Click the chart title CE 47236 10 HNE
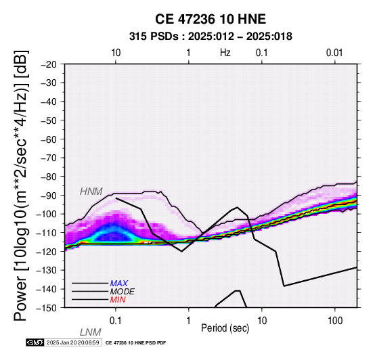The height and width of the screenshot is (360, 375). click(x=211, y=19)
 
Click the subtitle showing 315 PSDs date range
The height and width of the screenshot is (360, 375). click(x=211, y=37)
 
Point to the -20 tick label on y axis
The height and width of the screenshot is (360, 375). click(x=49, y=64)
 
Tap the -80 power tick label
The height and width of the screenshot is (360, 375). click(x=49, y=177)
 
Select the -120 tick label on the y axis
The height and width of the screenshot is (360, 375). click(x=47, y=252)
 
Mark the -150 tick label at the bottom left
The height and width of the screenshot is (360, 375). click(x=47, y=308)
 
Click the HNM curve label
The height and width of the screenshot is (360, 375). click(x=91, y=192)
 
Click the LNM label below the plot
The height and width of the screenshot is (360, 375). click(x=91, y=332)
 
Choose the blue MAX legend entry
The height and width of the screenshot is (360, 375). click(x=119, y=284)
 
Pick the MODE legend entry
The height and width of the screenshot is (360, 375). click(x=123, y=292)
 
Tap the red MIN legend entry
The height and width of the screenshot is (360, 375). click(x=118, y=300)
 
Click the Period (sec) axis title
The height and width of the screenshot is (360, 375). click(x=225, y=328)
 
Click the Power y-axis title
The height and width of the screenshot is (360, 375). click(x=21, y=185)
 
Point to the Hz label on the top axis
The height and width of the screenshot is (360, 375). click(x=225, y=53)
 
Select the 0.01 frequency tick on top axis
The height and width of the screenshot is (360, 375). click(x=334, y=53)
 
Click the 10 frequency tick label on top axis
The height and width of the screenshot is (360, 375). click(x=116, y=53)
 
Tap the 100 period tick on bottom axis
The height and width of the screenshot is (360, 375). click(x=335, y=321)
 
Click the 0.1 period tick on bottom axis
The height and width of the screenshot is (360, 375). click(x=116, y=321)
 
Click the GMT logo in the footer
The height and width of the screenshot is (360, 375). click(x=35, y=342)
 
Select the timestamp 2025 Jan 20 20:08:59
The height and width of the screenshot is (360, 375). click(x=72, y=342)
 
